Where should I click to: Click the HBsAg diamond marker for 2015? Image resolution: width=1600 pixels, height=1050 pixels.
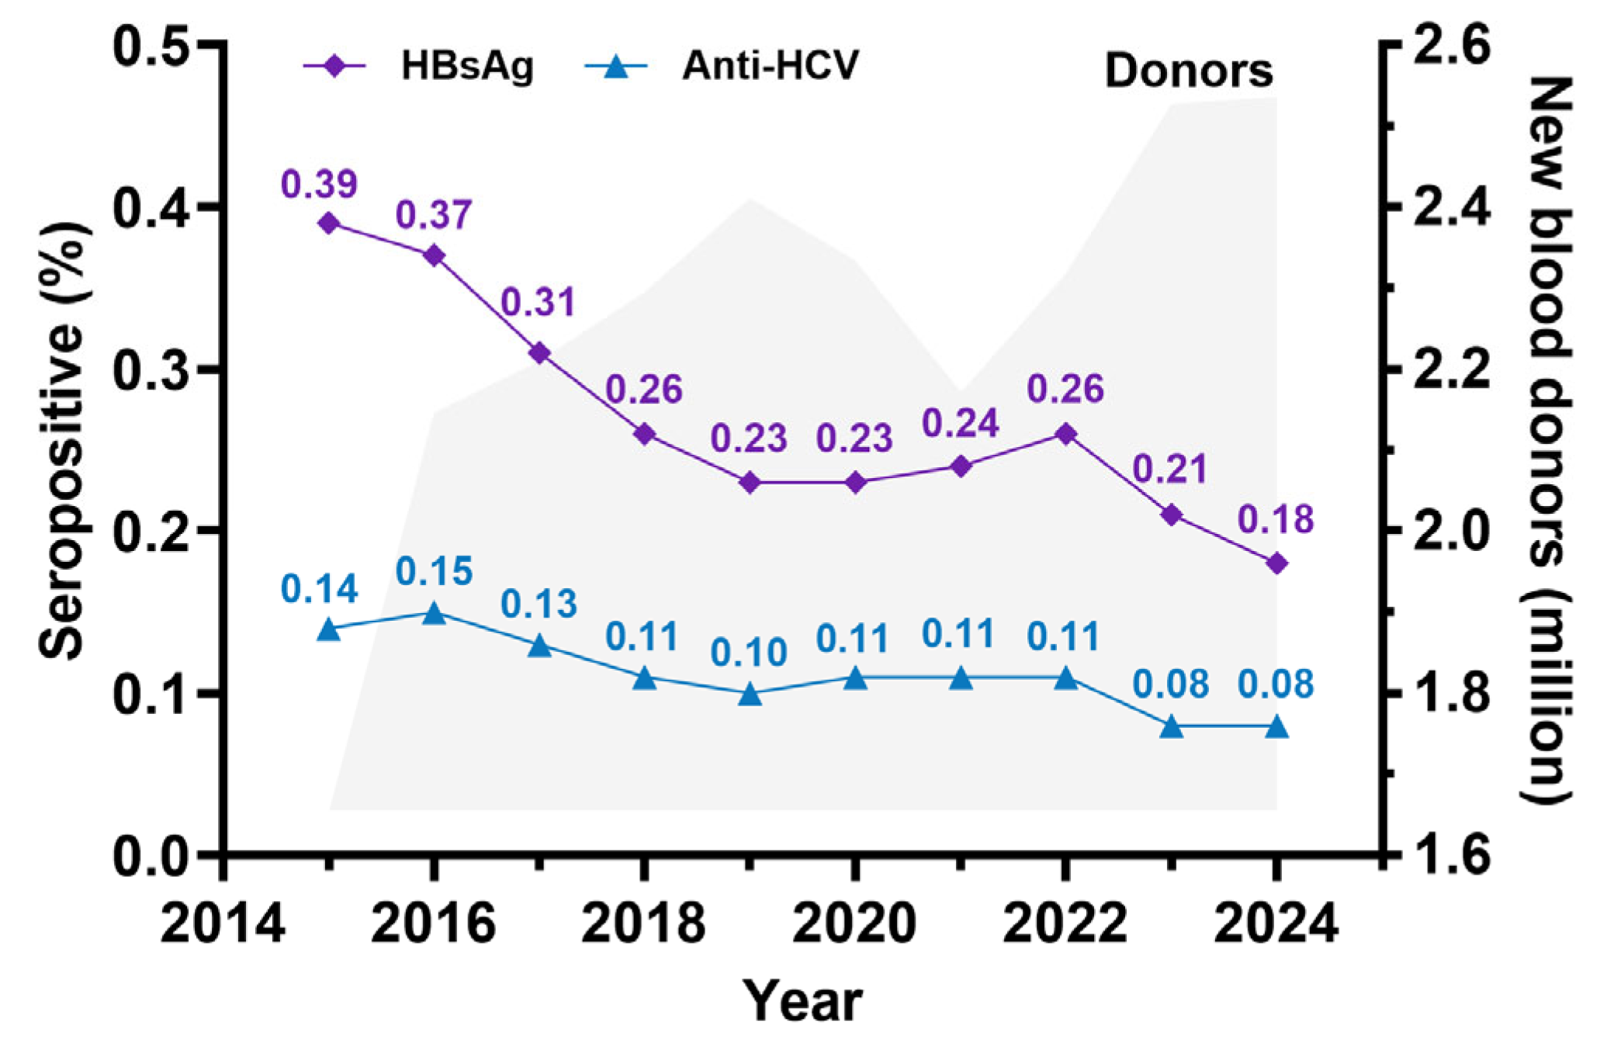[329, 224]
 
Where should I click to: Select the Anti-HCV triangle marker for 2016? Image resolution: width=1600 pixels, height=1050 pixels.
[435, 614]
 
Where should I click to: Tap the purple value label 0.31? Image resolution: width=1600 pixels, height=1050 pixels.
[539, 302]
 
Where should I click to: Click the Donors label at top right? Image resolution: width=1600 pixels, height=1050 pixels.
[1188, 71]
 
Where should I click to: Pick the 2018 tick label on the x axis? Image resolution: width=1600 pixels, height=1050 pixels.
[643, 924]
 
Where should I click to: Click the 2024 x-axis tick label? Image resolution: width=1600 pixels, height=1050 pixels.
[1276, 924]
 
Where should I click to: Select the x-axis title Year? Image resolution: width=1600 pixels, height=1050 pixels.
[802, 1001]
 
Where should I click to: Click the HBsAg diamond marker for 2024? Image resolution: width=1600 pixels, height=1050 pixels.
[1276, 563]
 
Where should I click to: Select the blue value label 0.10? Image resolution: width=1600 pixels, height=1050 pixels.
[749, 652]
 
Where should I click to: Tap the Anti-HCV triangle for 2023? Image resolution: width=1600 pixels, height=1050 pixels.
[1172, 727]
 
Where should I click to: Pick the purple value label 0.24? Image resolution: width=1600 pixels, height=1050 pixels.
[960, 424]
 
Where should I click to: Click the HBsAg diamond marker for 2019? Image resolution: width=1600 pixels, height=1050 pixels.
[750, 483]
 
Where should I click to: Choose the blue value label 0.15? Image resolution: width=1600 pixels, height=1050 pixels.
[434, 571]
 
